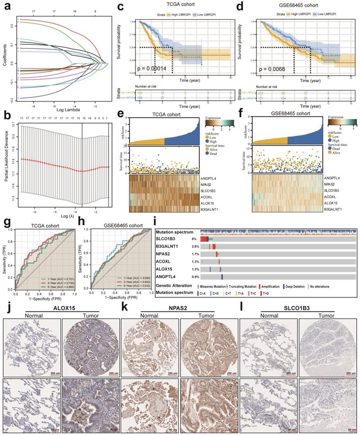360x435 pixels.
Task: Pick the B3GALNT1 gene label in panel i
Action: tap(169, 247)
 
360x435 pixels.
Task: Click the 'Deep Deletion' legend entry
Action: tap(294, 286)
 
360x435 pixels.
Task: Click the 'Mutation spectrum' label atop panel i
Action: tap(175, 231)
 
